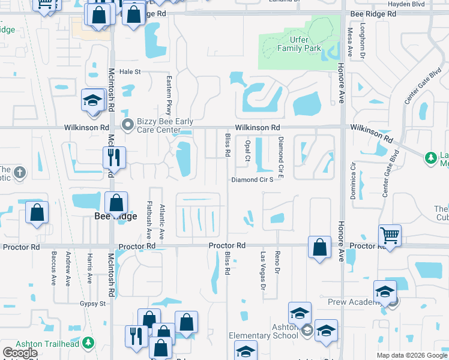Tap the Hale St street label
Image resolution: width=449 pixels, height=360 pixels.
click(130, 72)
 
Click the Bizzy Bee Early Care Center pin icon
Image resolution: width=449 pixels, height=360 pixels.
click(127, 125)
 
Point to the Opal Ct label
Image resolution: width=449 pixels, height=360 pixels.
click(247, 151)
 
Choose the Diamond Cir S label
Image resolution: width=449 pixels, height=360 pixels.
click(252, 179)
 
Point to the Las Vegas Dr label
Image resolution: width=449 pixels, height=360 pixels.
click(262, 271)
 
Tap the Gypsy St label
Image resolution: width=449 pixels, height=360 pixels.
click(93, 304)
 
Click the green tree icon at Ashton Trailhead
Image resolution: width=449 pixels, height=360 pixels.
click(89, 342)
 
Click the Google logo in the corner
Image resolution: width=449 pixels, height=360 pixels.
click(20, 353)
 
